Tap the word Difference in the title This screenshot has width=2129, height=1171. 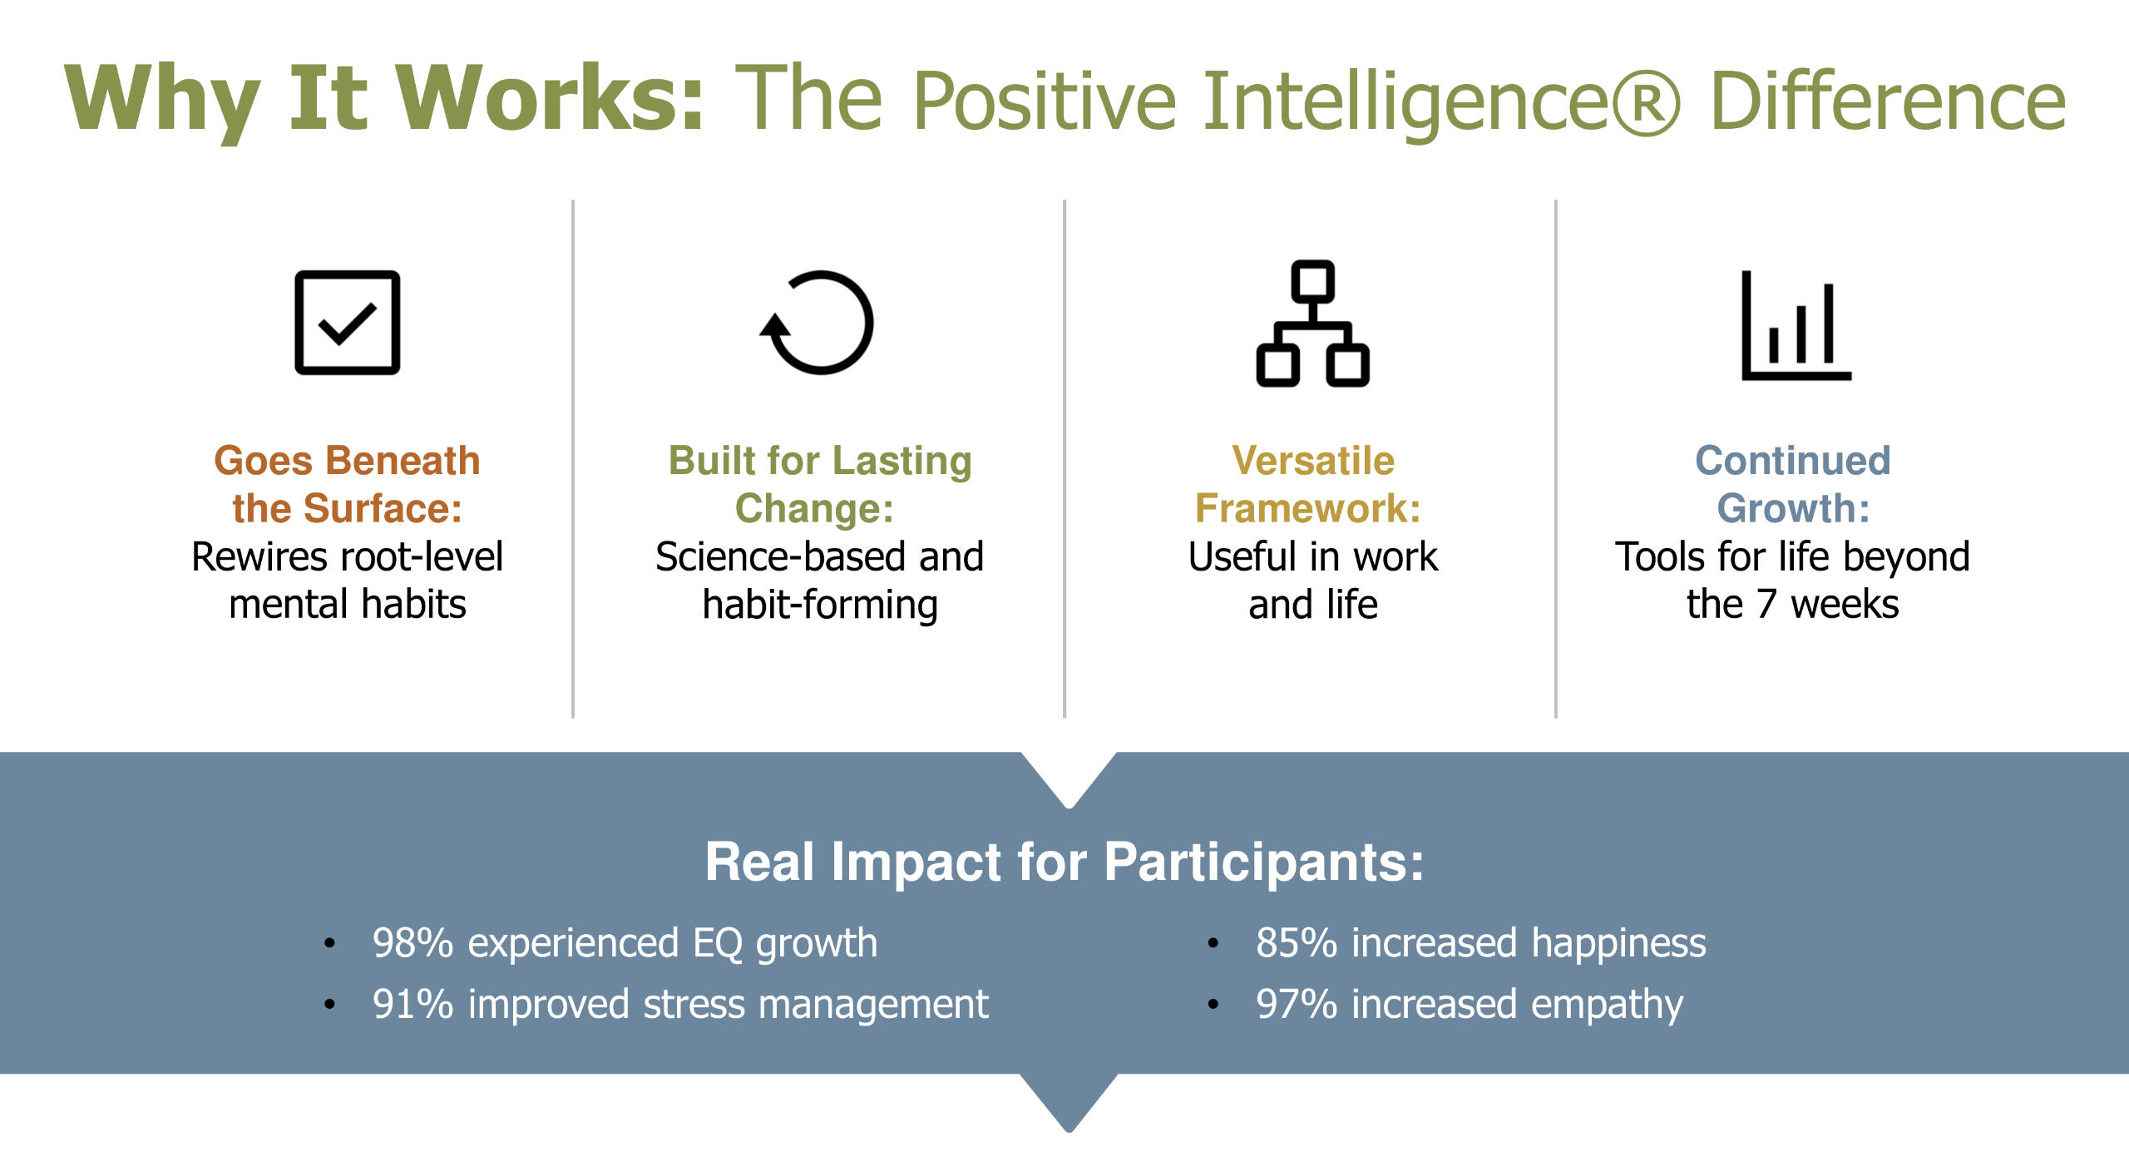tap(1888, 100)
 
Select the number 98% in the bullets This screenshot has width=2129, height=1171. tap(412, 943)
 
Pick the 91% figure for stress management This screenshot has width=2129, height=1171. tap(412, 1005)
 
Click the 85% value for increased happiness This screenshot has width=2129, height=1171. tap(1297, 943)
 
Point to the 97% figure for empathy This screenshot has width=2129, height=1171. tap(1297, 1005)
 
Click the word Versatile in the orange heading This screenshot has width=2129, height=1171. tap(1313, 461)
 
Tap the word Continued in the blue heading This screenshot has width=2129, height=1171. tap(1793, 461)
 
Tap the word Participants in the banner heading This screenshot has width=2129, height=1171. tap(1264, 863)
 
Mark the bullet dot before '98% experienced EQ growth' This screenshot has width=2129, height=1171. tap(329, 944)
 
